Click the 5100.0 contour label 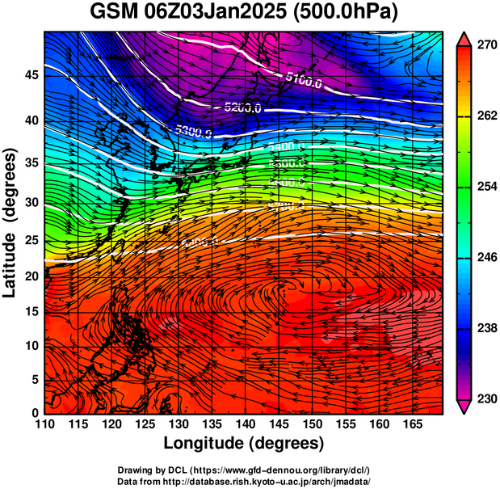click(x=304, y=78)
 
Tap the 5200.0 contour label click(x=242, y=107)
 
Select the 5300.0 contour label click(x=192, y=131)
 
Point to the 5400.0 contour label click(x=286, y=147)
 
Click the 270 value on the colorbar click(x=486, y=46)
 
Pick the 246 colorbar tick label click(x=486, y=258)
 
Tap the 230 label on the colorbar click(x=486, y=399)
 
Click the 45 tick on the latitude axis click(x=30, y=75)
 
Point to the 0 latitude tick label click(x=36, y=414)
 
